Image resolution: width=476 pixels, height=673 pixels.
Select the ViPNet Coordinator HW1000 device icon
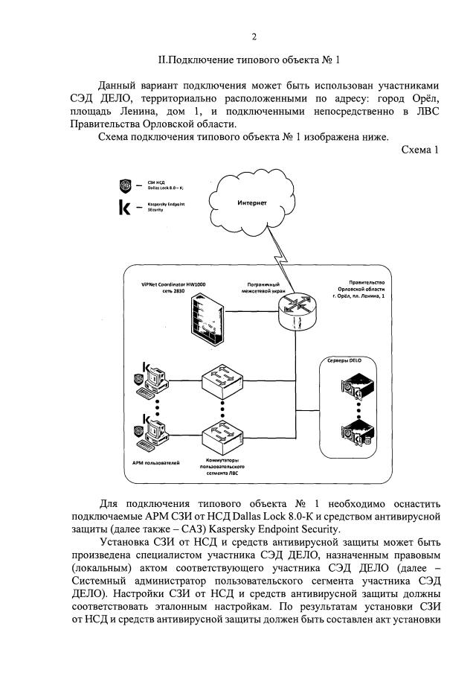205,318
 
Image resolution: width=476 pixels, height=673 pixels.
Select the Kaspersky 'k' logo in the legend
125,208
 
